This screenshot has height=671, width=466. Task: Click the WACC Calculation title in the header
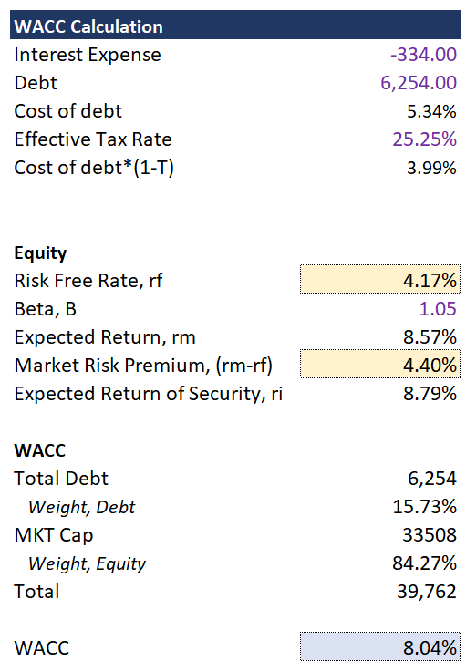88,26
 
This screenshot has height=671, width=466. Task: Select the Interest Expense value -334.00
423,55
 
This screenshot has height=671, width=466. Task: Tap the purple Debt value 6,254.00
419,83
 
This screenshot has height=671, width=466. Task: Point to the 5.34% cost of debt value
431,111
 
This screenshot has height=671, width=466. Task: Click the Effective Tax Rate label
93,139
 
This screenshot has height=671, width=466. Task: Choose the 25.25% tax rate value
424,139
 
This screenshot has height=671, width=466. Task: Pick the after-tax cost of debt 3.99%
431,168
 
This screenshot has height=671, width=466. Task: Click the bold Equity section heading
40,253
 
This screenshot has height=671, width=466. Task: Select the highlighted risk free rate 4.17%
430,281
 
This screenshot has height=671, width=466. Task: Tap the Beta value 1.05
438,309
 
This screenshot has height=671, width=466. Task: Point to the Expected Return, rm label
105,337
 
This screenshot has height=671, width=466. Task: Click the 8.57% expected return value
430,337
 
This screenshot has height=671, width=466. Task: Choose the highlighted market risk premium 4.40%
430,366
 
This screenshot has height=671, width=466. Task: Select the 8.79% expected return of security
430,394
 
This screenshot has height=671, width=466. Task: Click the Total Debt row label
61,479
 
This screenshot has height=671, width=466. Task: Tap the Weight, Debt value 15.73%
424,507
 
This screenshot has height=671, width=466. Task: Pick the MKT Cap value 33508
430,535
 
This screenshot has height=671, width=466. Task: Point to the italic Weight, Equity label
87,563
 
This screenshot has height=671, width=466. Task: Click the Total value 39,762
427,592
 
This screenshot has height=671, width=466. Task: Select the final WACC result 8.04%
430,648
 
